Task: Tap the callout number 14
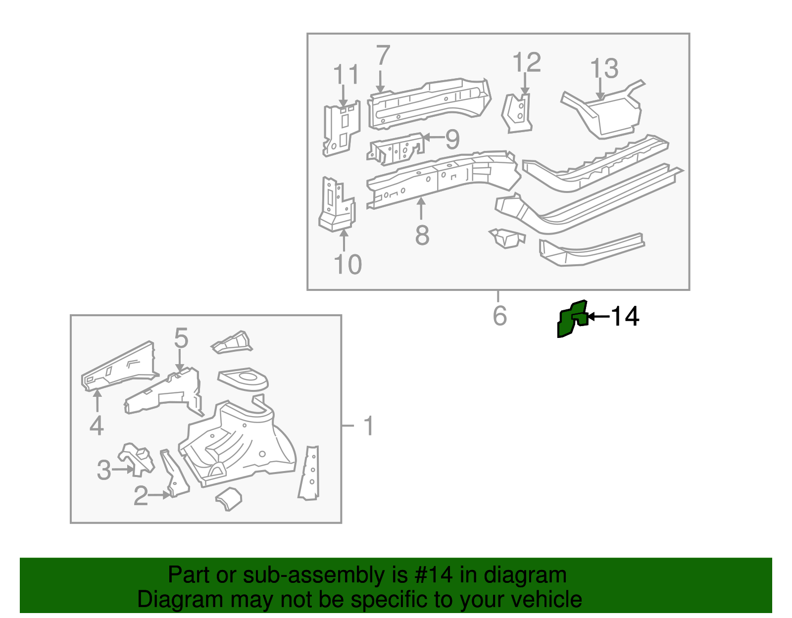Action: pyautogui.click(x=625, y=317)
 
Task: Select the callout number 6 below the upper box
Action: pyautogui.click(x=500, y=316)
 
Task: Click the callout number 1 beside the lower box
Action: pyautogui.click(x=369, y=426)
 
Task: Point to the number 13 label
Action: pyautogui.click(x=604, y=69)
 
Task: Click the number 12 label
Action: pyautogui.click(x=527, y=63)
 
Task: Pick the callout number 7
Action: pyautogui.click(x=383, y=56)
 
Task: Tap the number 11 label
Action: pyautogui.click(x=346, y=75)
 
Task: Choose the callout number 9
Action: pyautogui.click(x=452, y=139)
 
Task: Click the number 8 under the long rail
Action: pyautogui.click(x=422, y=236)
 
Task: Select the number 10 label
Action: pyautogui.click(x=347, y=265)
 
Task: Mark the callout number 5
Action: pyautogui.click(x=181, y=338)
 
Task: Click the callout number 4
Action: pyautogui.click(x=97, y=426)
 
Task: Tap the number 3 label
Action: pyautogui.click(x=104, y=470)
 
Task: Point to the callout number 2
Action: pyautogui.click(x=141, y=496)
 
